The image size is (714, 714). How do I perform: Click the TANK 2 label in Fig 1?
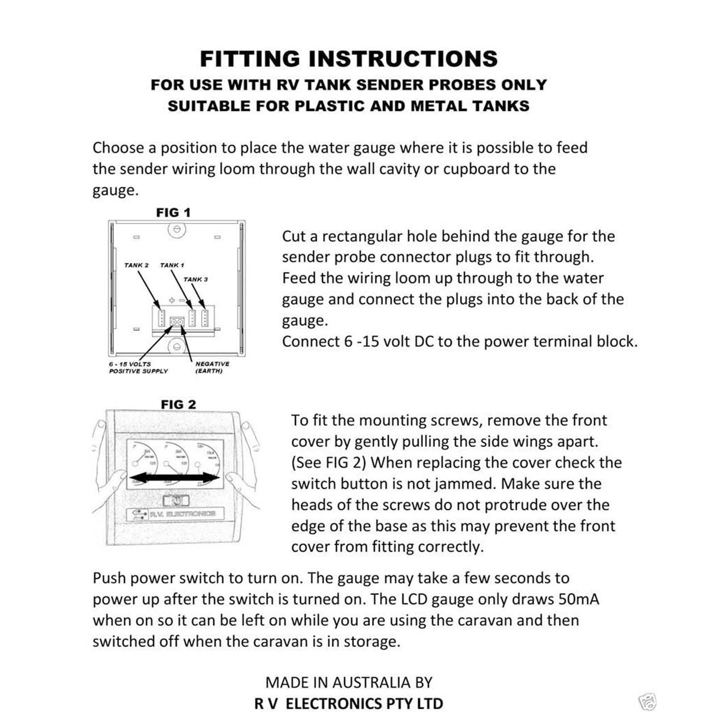click(136, 265)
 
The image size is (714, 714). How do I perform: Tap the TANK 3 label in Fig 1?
click(195, 279)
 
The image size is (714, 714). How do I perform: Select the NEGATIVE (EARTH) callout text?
click(212, 367)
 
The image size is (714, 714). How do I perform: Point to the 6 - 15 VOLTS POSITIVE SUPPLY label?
click(138, 367)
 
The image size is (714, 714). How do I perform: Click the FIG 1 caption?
click(173, 213)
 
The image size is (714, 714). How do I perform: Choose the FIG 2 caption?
click(178, 405)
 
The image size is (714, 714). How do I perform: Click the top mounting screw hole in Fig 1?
click(177, 229)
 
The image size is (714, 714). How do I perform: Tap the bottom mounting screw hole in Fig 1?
click(177, 346)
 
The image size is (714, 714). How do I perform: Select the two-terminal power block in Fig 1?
click(177, 321)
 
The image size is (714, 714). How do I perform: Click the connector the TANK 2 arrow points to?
click(162, 317)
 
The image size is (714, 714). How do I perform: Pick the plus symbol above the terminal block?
click(171, 301)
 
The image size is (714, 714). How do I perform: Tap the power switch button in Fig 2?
click(176, 500)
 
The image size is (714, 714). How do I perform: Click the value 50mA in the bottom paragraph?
click(578, 599)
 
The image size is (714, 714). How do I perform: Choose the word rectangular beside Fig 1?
click(362, 236)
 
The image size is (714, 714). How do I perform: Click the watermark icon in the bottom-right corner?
click(648, 701)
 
